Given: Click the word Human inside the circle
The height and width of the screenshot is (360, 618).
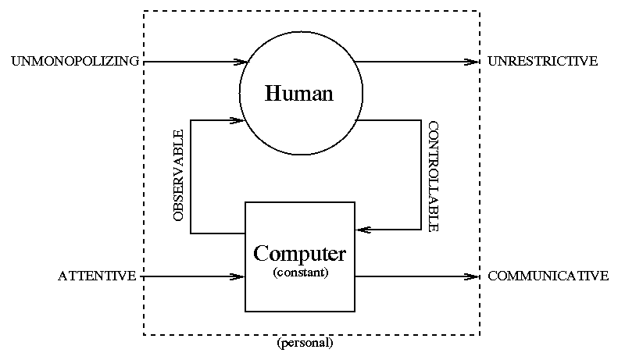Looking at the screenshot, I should [299, 94].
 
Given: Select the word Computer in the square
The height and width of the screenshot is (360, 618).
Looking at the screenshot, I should [300, 254].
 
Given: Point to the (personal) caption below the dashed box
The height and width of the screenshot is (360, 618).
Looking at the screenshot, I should [305, 343].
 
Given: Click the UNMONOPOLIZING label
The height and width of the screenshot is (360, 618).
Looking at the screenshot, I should [75, 61].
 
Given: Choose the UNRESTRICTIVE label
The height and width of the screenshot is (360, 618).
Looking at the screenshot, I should [542, 61].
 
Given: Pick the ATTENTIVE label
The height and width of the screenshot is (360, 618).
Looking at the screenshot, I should [97, 276].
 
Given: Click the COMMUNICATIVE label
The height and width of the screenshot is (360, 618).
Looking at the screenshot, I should [548, 276].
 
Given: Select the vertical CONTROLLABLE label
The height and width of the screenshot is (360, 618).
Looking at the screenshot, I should [433, 176].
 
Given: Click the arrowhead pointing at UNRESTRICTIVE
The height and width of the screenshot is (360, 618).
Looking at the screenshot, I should [473, 61].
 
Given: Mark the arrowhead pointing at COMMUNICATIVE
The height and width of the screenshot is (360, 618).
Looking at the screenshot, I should [473, 276].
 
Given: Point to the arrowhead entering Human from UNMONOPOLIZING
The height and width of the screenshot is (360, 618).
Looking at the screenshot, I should [241, 61].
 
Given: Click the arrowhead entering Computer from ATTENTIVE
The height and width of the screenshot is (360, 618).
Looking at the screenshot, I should [240, 276].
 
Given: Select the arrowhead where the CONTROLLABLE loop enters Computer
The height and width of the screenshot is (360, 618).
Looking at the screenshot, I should [360, 230].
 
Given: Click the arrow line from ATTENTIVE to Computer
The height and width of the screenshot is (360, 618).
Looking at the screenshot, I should [188, 276].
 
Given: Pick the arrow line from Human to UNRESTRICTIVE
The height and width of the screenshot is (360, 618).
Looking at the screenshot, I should [414, 61].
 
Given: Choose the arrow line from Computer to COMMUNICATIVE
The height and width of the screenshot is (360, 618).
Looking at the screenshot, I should [414, 276].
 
